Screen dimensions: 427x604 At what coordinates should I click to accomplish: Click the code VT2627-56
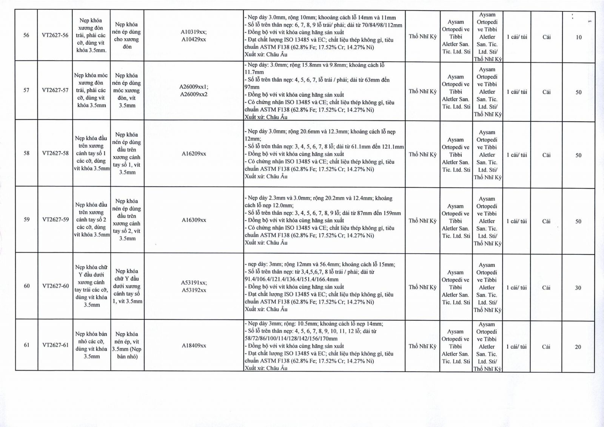[x=55, y=36]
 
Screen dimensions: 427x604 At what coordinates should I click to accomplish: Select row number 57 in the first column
[x=26, y=90]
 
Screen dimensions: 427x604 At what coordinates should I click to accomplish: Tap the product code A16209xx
[x=194, y=154]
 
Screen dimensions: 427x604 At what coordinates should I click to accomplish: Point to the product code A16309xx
[x=194, y=220]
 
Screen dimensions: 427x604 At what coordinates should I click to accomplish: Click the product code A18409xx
[x=194, y=345]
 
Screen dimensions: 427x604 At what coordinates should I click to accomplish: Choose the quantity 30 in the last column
[x=578, y=288]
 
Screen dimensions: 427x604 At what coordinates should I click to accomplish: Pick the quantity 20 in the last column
[x=578, y=347]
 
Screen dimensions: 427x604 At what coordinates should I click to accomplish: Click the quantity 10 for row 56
[x=579, y=37]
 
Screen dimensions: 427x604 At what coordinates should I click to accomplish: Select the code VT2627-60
[x=55, y=286]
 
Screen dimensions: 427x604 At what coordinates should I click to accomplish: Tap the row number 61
[x=26, y=345]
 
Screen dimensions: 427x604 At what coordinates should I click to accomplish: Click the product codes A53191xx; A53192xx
[x=194, y=286]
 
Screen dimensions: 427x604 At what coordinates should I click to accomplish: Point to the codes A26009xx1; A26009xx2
[x=194, y=91]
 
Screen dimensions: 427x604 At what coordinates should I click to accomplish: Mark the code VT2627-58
[x=55, y=153]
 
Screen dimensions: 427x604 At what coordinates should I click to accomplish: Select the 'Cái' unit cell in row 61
[x=546, y=347]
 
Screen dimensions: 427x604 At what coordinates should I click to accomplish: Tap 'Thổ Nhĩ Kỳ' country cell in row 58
[x=422, y=155]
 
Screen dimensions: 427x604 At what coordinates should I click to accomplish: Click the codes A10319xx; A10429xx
[x=194, y=36]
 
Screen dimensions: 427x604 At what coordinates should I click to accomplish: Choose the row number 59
[x=26, y=220]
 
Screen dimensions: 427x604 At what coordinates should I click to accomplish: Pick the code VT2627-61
[x=55, y=345]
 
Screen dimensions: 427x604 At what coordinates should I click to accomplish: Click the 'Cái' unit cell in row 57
[x=546, y=92]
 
